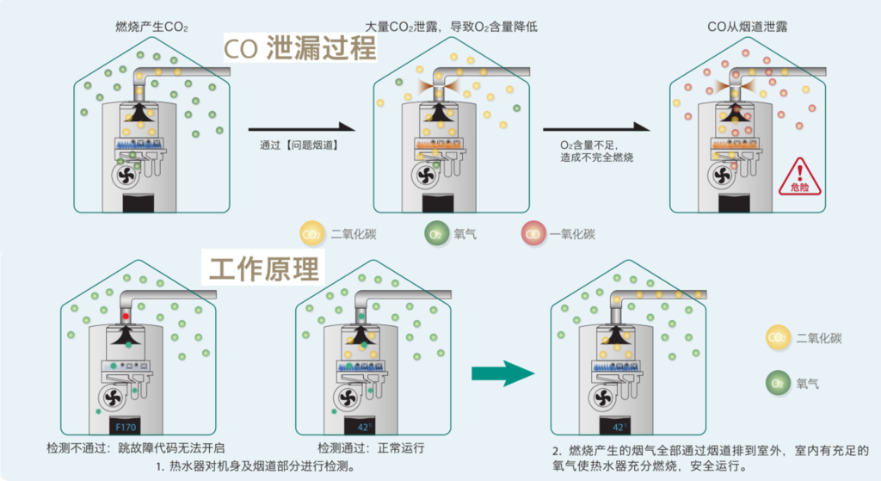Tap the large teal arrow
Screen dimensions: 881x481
click(502, 373)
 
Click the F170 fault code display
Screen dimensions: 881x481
click(126, 427)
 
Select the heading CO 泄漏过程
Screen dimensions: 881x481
click(300, 47)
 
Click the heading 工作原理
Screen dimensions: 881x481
click(263, 268)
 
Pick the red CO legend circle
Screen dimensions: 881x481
click(533, 234)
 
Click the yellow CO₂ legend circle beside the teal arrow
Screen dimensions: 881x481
click(778, 337)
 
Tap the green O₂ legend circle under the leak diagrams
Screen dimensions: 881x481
click(436, 234)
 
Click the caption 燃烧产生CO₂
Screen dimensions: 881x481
click(151, 27)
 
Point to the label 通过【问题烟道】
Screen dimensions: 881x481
click(299, 145)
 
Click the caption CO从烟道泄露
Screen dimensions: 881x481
click(748, 27)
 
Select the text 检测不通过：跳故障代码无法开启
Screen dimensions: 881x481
click(135, 447)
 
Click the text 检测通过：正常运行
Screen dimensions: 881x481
click(371, 447)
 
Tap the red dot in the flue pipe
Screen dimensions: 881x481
click(126, 317)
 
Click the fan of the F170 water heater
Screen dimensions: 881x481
click(113, 398)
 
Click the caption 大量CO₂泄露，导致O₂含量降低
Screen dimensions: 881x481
click(451, 27)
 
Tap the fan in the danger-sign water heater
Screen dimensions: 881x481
click(722, 176)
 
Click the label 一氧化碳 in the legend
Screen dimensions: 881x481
click(572, 234)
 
